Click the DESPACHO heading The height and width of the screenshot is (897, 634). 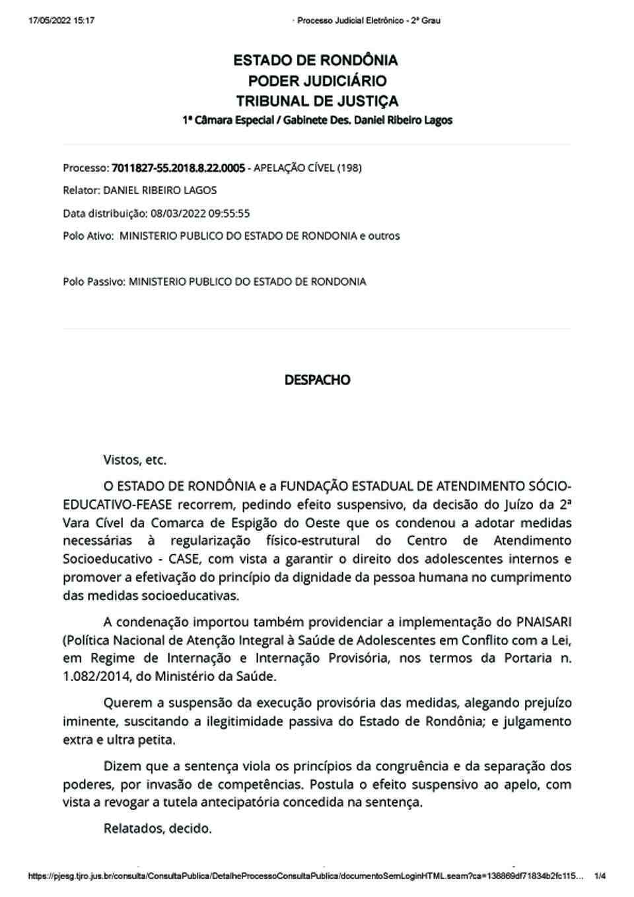(x=317, y=380)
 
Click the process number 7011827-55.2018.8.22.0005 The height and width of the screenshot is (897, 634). (x=179, y=168)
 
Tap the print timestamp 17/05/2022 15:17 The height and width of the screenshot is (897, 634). (x=61, y=20)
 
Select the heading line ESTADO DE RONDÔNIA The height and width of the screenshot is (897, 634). (x=316, y=61)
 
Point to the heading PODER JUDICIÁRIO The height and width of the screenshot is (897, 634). (x=317, y=81)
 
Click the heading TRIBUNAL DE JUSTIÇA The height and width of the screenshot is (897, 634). (x=317, y=102)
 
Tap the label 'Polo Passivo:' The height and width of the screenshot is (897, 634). (x=94, y=282)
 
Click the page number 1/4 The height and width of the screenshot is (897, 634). (x=600, y=877)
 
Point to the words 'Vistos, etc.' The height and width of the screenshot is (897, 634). (x=135, y=459)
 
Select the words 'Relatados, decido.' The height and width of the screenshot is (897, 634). (x=157, y=828)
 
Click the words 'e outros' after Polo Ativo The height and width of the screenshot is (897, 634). (x=380, y=236)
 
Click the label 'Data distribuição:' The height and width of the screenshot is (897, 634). (x=104, y=213)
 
